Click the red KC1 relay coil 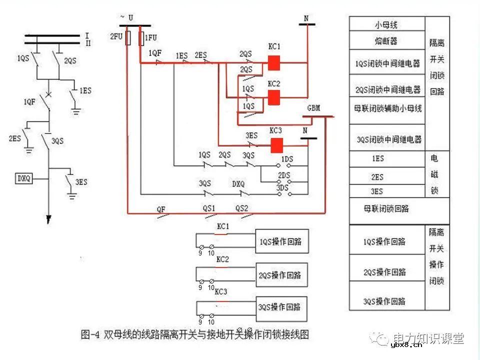(274, 63)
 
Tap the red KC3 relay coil (276, 145)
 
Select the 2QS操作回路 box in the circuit (280, 275)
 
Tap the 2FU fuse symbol (128, 37)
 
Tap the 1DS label (286, 159)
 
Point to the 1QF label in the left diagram (29, 102)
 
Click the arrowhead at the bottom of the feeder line (49, 219)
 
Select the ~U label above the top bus (126, 17)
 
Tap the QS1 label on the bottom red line (208, 208)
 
